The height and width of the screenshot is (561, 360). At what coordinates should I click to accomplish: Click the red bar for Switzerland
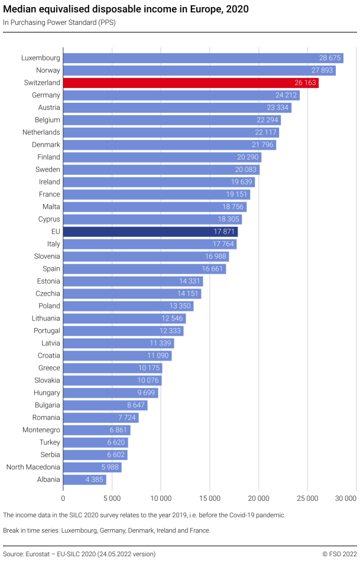coord(190,83)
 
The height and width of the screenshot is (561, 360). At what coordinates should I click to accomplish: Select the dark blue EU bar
coord(150,232)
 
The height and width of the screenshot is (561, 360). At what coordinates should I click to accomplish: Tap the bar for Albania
coord(85,479)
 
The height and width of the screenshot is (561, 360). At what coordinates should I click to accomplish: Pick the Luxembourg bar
coord(203,58)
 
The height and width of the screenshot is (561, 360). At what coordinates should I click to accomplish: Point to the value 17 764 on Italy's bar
coord(224,244)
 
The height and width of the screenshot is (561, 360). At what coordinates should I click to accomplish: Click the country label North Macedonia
coord(33,467)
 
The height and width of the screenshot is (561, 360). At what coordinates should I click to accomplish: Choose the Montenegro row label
coord(41,430)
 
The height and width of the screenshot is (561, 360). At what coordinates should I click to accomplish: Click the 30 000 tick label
coord(346,498)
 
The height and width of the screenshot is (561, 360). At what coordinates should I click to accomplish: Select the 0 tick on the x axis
coord(63,498)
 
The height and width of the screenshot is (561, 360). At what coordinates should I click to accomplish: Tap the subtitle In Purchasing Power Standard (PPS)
coord(59,22)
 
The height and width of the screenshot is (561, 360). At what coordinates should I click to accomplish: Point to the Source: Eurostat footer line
coord(79,554)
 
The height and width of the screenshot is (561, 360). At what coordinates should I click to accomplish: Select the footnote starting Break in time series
coord(106,530)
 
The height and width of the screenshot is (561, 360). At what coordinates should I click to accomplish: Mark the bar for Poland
coord(128,306)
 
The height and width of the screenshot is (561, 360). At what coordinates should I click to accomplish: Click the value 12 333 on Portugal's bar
coord(171,330)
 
